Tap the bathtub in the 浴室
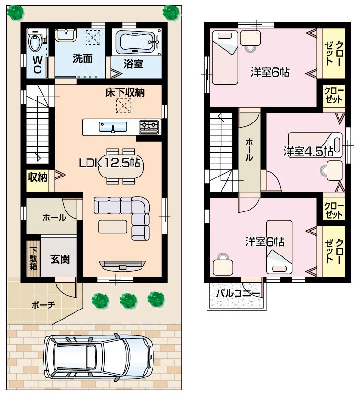[x=136, y=42]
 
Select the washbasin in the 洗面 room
[x=65, y=34]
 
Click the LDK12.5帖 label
[x=109, y=163]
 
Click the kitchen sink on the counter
[x=113, y=127]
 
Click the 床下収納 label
[x=125, y=93]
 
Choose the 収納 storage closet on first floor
[x=37, y=177]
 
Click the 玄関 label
[x=60, y=259]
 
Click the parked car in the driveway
[x=98, y=356]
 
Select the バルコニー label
[x=238, y=293]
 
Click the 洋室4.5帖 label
[x=308, y=151]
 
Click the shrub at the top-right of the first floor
[x=170, y=11]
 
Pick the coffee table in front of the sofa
[x=113, y=225]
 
